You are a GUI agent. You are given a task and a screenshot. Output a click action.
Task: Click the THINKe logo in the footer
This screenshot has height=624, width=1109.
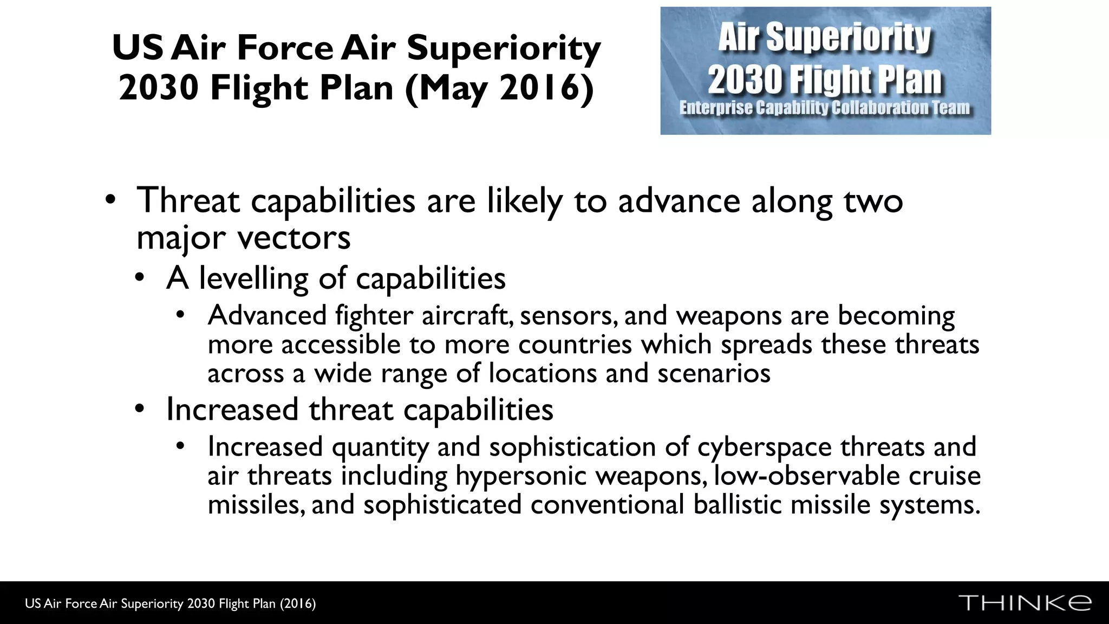pos(1025,603)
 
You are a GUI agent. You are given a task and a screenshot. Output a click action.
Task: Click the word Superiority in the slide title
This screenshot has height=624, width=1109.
pos(504,48)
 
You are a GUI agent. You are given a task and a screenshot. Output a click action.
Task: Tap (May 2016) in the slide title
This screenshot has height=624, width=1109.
pos(499,88)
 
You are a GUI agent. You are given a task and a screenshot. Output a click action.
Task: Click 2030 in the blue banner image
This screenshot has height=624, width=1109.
pos(745,80)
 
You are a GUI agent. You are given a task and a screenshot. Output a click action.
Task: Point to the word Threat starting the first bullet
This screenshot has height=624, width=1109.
pos(188,200)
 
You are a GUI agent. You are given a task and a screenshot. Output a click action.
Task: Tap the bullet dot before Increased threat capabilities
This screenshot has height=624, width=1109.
pos(140,409)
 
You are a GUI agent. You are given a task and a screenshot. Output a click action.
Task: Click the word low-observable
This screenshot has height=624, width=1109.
pos(806,476)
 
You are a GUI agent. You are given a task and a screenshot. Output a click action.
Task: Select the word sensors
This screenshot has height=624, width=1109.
pos(568,316)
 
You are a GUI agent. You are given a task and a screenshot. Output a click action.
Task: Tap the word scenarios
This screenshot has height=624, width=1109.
pos(713,373)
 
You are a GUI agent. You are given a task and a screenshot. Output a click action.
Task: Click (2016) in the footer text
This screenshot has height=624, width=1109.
pos(298,603)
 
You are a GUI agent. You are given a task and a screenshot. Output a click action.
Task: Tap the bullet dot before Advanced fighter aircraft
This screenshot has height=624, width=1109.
pos(181,315)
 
